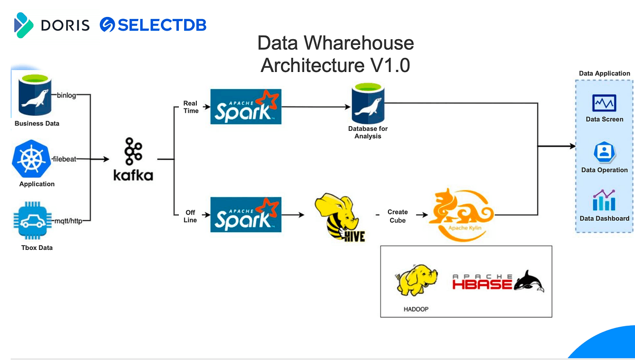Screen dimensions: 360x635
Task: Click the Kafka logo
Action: pyautogui.click(x=133, y=159)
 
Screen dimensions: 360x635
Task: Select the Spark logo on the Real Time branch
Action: pyautogui.click(x=246, y=106)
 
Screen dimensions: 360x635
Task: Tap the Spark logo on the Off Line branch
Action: pyautogui.click(x=246, y=214)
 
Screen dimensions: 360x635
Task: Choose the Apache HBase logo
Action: pyautogui.click(x=497, y=281)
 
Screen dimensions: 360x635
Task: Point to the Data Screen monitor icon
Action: pyautogui.click(x=604, y=103)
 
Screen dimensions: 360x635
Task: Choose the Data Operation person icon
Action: pyautogui.click(x=604, y=152)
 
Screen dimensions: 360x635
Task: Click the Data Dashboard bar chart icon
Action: pyautogui.click(x=604, y=201)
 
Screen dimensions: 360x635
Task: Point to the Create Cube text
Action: pyautogui.click(x=397, y=216)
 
